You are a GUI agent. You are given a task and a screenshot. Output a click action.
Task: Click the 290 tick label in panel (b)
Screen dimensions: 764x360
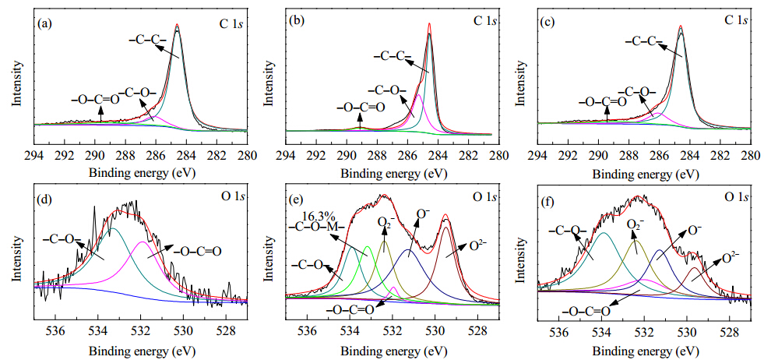[x=347, y=157]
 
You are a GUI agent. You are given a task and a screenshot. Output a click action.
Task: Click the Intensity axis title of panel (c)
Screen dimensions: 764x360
[x=520, y=83]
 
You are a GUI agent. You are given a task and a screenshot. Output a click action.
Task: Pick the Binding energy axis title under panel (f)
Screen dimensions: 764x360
[x=643, y=350]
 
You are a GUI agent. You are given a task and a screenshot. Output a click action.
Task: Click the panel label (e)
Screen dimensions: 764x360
[x=297, y=199]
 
